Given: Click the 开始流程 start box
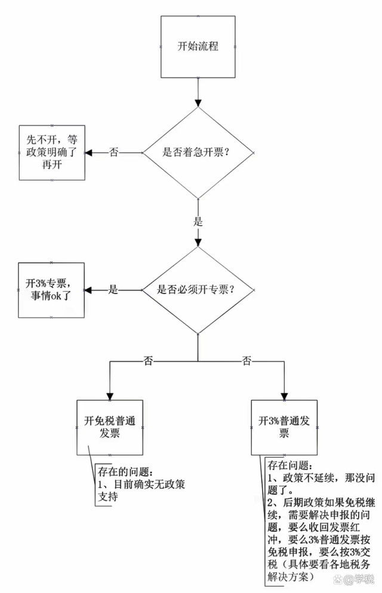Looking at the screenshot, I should click(198, 46).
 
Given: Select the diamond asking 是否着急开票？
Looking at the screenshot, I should click(198, 152).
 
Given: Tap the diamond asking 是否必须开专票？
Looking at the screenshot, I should click(198, 290).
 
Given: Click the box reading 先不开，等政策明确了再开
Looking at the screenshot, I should click(52, 152).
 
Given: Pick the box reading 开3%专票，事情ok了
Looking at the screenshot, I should click(52, 289).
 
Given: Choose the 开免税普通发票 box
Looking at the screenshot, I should click(110, 427).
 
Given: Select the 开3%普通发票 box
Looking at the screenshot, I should click(284, 427).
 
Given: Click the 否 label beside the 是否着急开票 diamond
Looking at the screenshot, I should click(114, 152).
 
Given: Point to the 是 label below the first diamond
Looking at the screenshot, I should click(198, 221).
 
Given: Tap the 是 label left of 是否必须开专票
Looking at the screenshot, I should click(113, 290).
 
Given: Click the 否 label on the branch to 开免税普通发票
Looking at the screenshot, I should click(148, 360).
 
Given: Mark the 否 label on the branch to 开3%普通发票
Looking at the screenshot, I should click(247, 360).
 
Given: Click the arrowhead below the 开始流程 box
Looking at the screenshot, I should click(198, 102).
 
